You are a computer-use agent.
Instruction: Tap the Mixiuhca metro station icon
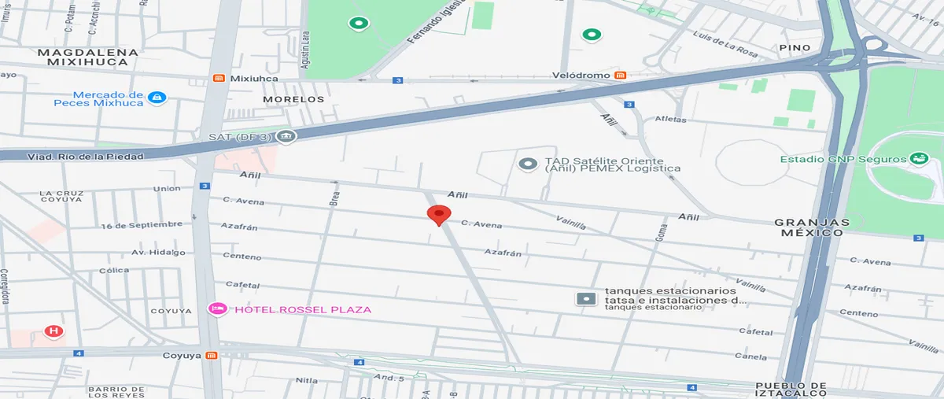(x=219, y=78)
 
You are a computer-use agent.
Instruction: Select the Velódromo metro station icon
(x=620, y=75)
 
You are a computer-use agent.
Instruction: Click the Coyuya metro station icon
(x=211, y=356)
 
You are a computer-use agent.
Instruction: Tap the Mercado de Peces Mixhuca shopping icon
(x=158, y=97)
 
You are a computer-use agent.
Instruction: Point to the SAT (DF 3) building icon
(x=286, y=137)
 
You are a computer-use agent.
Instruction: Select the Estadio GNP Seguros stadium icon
(x=917, y=159)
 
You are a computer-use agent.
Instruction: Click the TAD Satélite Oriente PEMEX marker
(x=527, y=164)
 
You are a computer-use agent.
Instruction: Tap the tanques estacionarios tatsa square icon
(x=586, y=299)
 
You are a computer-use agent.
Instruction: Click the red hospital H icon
(x=53, y=331)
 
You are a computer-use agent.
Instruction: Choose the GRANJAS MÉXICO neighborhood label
(x=812, y=227)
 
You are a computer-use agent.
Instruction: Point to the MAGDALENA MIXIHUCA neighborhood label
(x=88, y=57)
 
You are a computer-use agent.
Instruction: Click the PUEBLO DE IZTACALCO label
(x=791, y=390)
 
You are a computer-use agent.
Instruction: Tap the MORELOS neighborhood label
(x=293, y=100)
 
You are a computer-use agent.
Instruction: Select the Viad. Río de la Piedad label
(x=87, y=157)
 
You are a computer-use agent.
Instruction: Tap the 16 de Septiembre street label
(x=142, y=225)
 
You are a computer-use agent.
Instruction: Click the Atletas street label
(x=670, y=120)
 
